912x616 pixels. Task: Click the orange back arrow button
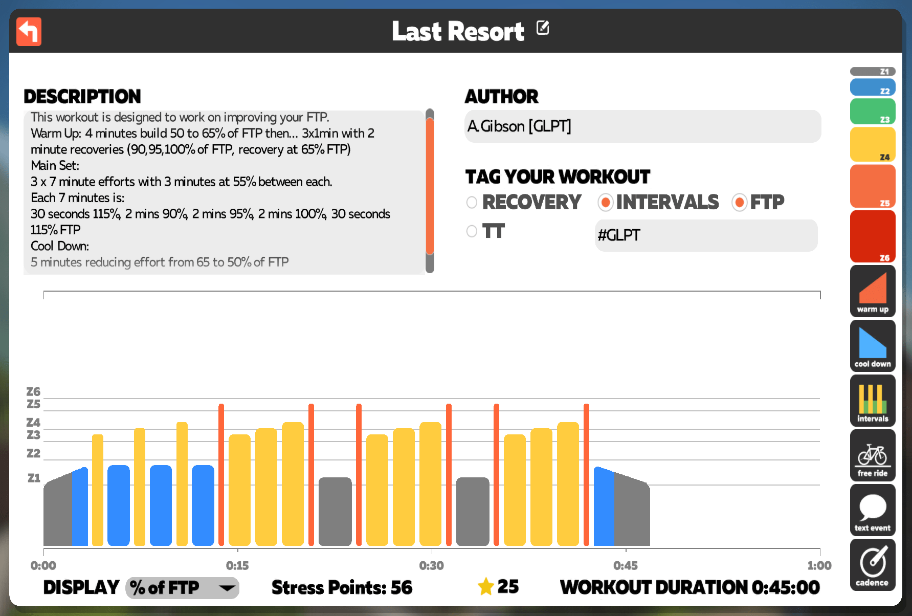29,32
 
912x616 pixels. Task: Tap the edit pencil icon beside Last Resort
543,28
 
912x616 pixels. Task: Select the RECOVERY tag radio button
472,203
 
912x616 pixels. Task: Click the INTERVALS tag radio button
605,203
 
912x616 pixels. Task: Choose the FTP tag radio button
739,203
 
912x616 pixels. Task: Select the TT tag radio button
472,231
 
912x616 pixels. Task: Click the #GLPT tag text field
706,235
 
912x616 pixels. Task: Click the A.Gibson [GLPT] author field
642,126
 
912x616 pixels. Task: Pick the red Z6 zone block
873,236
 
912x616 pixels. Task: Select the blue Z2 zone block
873,87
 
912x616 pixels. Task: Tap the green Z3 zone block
873,112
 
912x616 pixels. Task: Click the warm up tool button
873,291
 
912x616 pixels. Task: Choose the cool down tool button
873,346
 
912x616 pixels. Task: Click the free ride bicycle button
873,455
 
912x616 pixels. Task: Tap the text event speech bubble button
873,510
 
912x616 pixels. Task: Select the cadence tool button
873,565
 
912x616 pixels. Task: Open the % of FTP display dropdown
182,588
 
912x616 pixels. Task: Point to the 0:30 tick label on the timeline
431,565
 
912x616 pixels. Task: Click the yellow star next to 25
485,586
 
